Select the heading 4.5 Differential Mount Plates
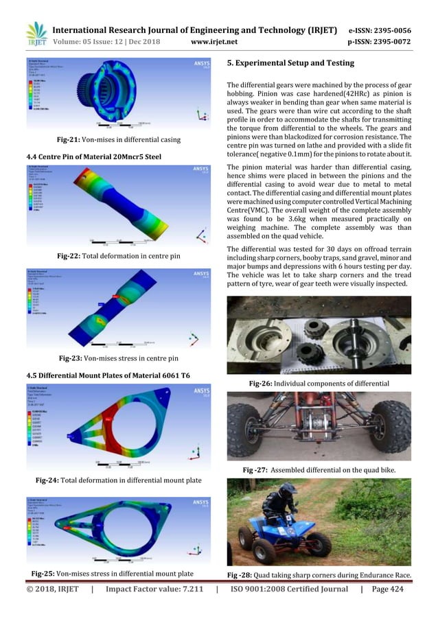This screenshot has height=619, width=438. coord(108,374)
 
